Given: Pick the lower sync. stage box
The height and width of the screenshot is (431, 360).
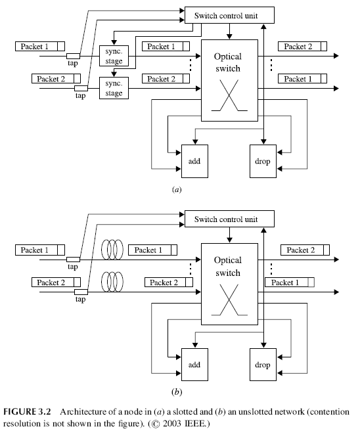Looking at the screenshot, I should point(114,88).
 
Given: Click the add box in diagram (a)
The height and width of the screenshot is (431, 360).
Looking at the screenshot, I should point(194,161).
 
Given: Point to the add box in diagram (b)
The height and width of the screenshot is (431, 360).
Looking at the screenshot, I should point(194,363).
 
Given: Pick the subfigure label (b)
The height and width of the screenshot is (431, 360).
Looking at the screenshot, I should point(176,392).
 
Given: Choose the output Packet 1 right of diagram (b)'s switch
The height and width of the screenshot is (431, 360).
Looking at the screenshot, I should point(289,283).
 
